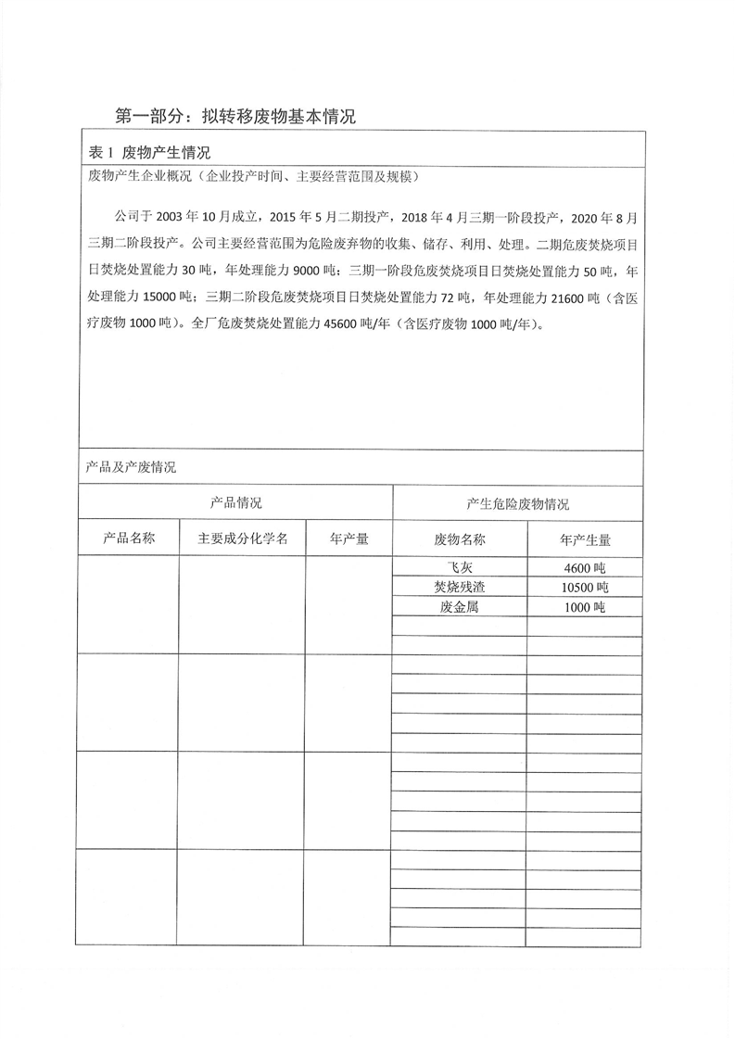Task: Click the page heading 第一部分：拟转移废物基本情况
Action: pos(234,116)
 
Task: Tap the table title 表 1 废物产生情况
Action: pos(148,153)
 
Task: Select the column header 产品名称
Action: pos(128,539)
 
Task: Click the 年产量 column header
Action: pos(349,539)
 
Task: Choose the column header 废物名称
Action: pos(460,540)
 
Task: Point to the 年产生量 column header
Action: pos(585,540)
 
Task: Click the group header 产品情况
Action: pos(235,503)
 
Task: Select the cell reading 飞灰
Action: pos(460,567)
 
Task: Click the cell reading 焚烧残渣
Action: pos(460,588)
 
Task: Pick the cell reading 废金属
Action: pos(460,607)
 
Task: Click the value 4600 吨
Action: pos(585,567)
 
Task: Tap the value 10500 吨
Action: pos(585,588)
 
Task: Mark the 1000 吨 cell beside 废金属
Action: pos(585,607)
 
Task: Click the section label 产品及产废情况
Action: pos(131,467)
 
